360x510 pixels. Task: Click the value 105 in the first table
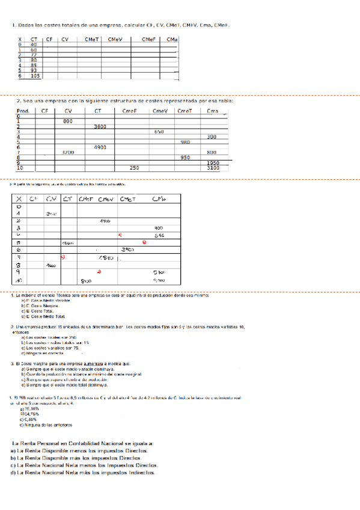35,76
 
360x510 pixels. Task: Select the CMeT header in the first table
93,39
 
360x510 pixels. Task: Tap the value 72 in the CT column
34,55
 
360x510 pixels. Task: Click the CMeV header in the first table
117,39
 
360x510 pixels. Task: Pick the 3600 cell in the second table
100,126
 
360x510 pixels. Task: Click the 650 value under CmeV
159,132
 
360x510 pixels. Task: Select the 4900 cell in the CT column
100,147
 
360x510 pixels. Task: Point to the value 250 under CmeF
135,168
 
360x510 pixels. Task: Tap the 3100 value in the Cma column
213,168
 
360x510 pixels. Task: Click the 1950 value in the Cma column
213,163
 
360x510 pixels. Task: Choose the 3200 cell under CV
68,153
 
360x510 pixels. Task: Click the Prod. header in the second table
23,111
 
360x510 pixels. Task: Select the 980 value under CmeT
185,142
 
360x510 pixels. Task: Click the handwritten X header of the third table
20,199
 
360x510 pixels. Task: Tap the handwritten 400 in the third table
159,228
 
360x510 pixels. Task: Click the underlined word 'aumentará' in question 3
97,363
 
